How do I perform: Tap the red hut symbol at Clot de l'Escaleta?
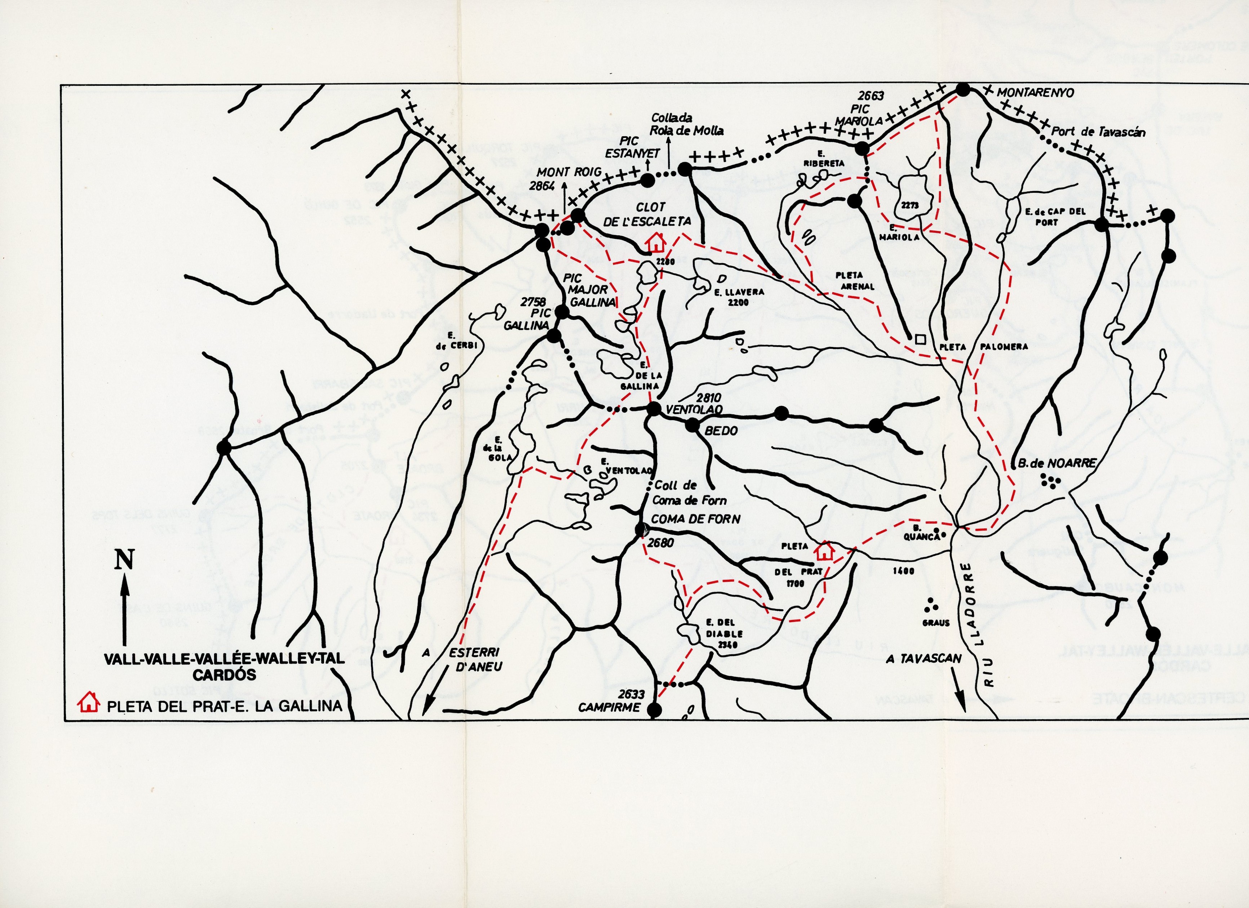tap(655, 241)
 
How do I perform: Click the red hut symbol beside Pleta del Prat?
tap(824, 550)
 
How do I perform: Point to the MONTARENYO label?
tap(1035, 93)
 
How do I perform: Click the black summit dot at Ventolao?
tap(654, 409)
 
